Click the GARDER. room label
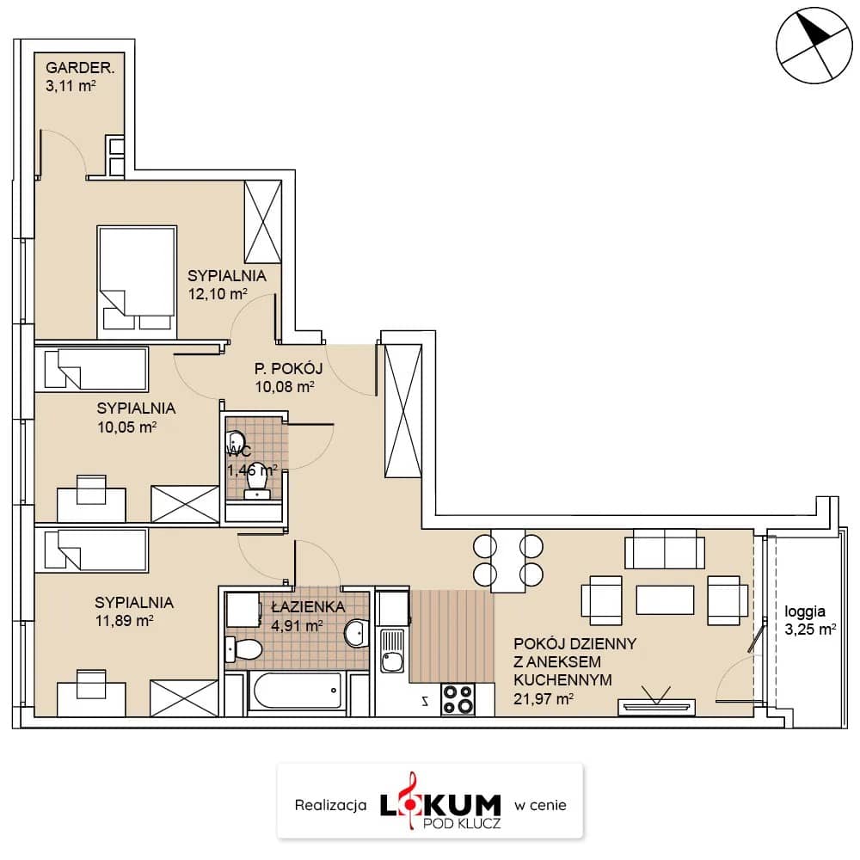tap(80, 68)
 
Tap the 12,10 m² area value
tap(218, 293)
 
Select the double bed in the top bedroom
tap(137, 282)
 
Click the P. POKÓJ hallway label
tap(288, 369)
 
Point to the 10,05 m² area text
tap(126, 427)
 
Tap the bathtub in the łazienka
tap(298, 690)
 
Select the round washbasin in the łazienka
tap(357, 634)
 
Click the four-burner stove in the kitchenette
tap(458, 699)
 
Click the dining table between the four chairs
tap(508, 561)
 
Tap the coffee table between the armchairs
tap(665, 599)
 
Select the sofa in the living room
tap(665, 549)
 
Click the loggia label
tap(805, 611)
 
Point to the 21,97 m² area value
tap(544, 698)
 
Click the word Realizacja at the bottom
tap(331, 805)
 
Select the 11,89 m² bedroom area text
tap(124, 621)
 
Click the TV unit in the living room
tap(656, 706)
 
